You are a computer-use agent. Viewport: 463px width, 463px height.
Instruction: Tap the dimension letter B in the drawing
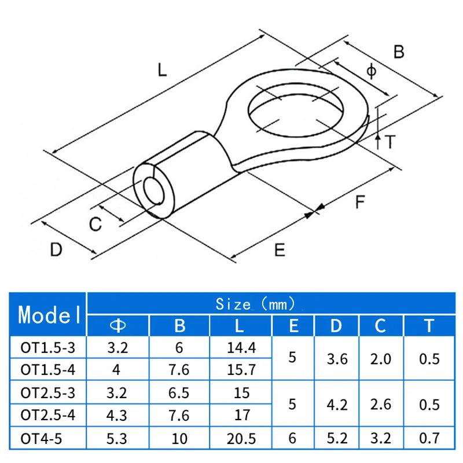pos(399,52)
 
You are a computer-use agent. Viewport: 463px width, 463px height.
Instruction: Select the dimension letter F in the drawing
pos(360,203)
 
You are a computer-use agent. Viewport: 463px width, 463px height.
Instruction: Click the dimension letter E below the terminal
pos(280,249)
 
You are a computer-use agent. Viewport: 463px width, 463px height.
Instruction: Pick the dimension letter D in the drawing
pos(56,249)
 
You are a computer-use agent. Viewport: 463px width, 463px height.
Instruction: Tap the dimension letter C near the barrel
pos(95,224)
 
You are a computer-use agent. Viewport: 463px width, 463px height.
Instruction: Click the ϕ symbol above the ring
pos(372,71)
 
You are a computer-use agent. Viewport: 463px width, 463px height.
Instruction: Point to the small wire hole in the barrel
pos(154,192)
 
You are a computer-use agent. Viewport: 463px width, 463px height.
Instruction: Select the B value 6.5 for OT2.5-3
pos(180,394)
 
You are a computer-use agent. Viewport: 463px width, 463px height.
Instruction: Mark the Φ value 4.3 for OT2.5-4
pos(117,415)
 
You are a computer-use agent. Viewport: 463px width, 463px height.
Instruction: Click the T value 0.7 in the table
pos(428,438)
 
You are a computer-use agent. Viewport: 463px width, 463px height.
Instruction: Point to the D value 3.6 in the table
pos(337,359)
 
